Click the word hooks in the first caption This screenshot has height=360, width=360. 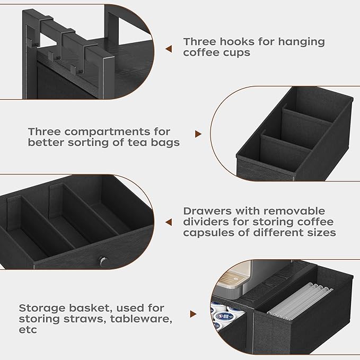click(x=231, y=41)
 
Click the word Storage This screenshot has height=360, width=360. click(x=41, y=308)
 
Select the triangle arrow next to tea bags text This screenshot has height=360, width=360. click(x=199, y=135)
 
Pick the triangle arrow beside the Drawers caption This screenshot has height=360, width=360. click(x=169, y=222)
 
